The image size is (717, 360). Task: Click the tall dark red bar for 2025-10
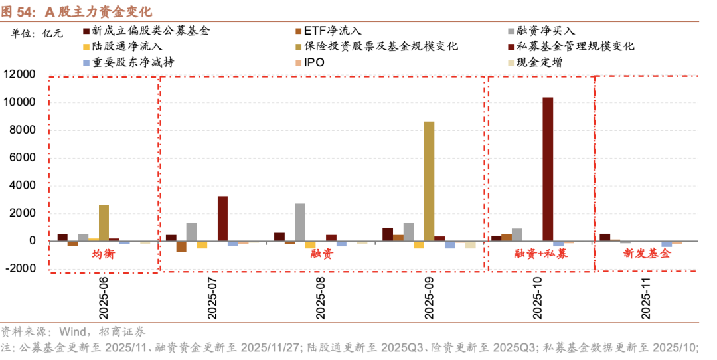[x=548, y=169]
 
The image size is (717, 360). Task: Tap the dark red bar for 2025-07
[x=222, y=218]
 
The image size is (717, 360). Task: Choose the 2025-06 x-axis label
[x=104, y=298]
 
